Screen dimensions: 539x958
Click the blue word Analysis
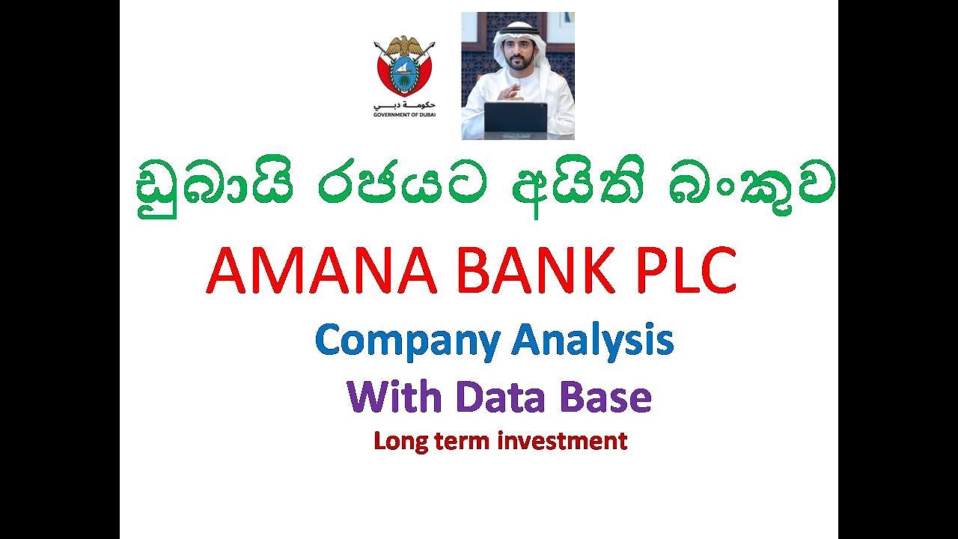click(593, 341)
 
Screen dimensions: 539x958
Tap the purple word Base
click(605, 396)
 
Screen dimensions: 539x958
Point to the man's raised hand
click(509, 93)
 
